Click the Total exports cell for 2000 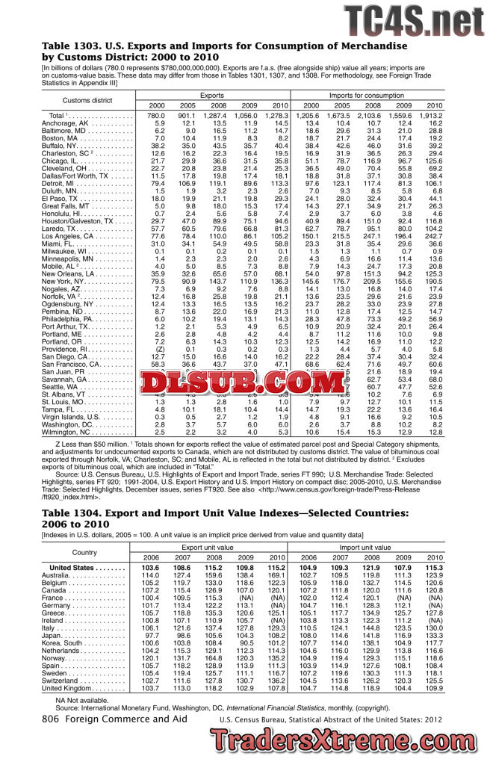156,116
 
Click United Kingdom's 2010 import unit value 433,687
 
